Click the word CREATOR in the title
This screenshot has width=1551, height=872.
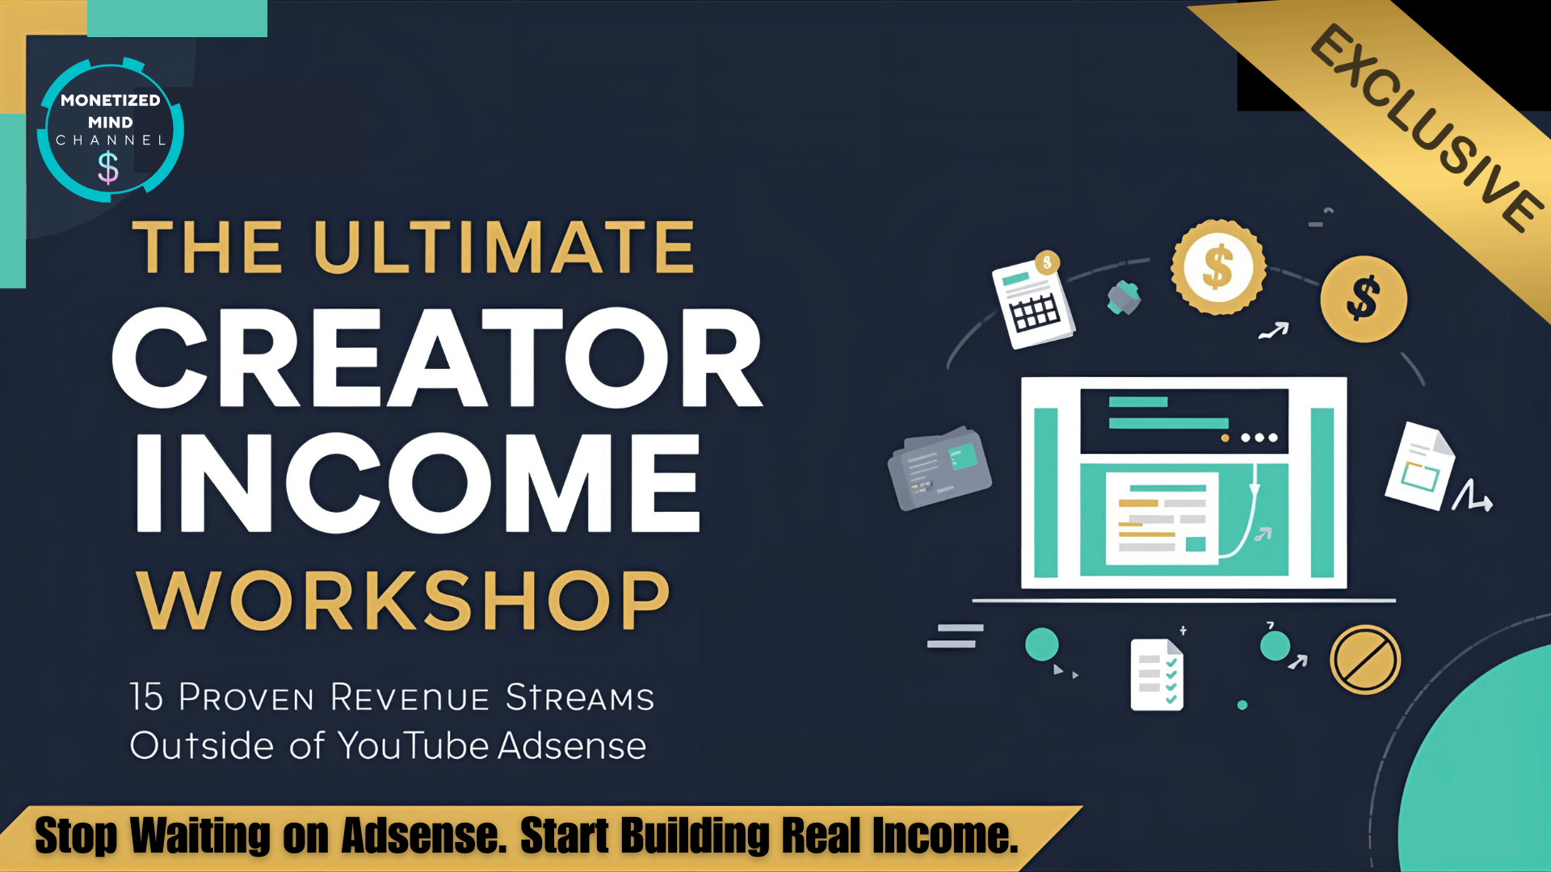(x=437, y=358)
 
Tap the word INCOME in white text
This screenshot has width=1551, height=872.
(x=418, y=483)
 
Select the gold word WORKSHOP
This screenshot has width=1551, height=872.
(x=403, y=601)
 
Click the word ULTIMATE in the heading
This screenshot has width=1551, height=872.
(x=504, y=247)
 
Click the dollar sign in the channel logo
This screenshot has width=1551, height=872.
(x=108, y=169)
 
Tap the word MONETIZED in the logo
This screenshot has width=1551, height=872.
(x=111, y=100)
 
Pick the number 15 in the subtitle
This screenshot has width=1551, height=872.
(x=147, y=697)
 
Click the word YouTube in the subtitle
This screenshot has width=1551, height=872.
(x=413, y=745)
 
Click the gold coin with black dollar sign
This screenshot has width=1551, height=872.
(x=1364, y=300)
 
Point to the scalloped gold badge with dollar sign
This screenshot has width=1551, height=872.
(x=1218, y=267)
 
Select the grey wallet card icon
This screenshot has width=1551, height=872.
(x=939, y=467)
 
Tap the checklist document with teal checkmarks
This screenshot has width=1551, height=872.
(x=1157, y=675)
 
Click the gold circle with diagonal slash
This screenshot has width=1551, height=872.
(x=1365, y=660)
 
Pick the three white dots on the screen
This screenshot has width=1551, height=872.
(x=1259, y=438)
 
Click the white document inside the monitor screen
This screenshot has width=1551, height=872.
(x=1162, y=518)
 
